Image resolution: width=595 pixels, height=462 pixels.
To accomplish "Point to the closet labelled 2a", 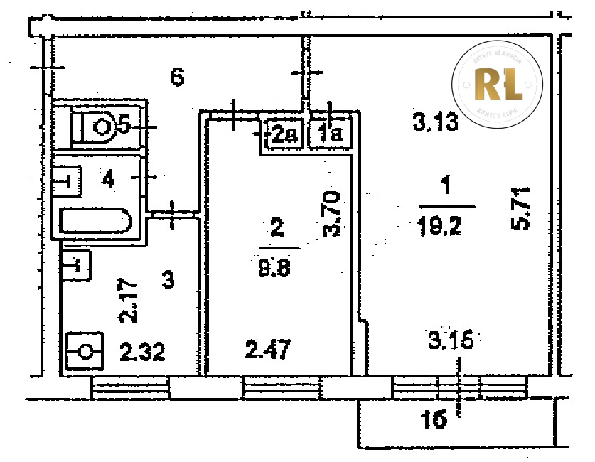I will [x=284, y=133].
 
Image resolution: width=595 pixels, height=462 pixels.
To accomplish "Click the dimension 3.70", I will [x=333, y=213].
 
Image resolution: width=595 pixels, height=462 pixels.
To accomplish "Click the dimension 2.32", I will [x=143, y=351].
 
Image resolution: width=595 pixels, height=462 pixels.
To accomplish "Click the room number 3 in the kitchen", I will [x=167, y=280].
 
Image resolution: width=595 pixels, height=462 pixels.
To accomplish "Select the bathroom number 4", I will [x=107, y=179].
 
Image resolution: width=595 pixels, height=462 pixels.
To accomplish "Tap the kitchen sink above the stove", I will [x=75, y=266].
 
